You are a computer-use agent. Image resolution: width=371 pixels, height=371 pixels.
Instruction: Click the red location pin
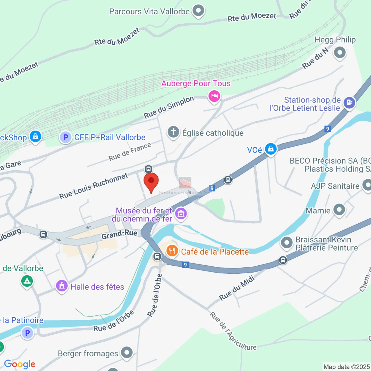pyautogui.click(x=151, y=182)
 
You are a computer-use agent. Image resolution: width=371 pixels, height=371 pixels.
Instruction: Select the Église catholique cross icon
pyautogui.click(x=173, y=132)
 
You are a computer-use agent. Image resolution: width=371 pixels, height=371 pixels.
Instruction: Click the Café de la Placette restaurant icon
pyautogui.click(x=172, y=251)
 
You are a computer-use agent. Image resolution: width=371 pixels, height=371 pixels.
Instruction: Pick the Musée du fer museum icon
pyautogui.click(x=181, y=214)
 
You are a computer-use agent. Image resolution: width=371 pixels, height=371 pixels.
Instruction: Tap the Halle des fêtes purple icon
pyautogui.click(x=62, y=286)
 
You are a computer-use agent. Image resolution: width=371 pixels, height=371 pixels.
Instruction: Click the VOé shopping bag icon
pyautogui.click(x=271, y=149)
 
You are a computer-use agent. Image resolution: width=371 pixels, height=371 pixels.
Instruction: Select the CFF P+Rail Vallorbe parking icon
pyautogui.click(x=66, y=137)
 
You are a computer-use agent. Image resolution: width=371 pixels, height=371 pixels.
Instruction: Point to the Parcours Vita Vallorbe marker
pyautogui.click(x=198, y=11)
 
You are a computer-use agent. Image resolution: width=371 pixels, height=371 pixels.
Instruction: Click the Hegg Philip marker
pyautogui.click(x=340, y=53)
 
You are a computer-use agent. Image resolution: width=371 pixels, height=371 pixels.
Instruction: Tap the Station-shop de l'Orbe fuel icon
pyautogui.click(x=349, y=103)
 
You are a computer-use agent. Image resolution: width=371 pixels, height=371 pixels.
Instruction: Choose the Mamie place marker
pyautogui.click(x=339, y=210)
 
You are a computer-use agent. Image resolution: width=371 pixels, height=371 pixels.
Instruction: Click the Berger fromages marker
pyautogui.click(x=127, y=352)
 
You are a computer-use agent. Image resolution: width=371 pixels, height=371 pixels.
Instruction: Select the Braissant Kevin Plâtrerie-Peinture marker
pyautogui.click(x=286, y=243)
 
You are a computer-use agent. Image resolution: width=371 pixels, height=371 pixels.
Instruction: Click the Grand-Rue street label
pyautogui.click(x=119, y=234)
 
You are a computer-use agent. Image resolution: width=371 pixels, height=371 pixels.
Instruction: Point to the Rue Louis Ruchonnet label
pyautogui.click(x=94, y=186)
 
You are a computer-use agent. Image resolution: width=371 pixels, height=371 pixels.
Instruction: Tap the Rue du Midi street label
pyautogui.click(x=237, y=288)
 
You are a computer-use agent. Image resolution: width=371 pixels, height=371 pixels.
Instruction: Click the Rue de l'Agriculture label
pyautogui.click(x=233, y=331)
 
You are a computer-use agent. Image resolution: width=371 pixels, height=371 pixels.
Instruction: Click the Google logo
pyautogui.click(x=20, y=364)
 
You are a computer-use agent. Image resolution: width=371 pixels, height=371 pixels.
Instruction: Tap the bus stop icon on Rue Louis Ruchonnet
pyautogui.click(x=148, y=169)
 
